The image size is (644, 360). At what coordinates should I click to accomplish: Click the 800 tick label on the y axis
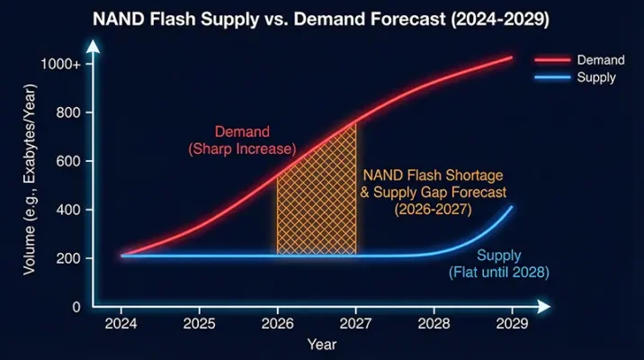pos(68,112)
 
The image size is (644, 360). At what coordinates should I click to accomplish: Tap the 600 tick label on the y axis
pos(68,161)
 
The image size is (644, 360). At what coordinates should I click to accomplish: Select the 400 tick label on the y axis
pos(68,210)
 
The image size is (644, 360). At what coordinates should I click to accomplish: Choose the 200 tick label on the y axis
pos(68,258)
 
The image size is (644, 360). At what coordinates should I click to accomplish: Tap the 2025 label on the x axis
pos(199,323)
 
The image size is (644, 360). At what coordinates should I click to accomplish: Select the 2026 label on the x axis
pos(277,323)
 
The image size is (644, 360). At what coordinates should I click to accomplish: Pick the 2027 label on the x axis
pos(355,323)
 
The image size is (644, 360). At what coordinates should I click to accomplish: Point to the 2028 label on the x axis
pos(434,323)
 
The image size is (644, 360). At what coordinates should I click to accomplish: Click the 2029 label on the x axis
pos(512,323)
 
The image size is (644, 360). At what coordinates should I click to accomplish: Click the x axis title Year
pos(321,344)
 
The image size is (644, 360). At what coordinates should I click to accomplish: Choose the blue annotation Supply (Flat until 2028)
pos(498,264)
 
